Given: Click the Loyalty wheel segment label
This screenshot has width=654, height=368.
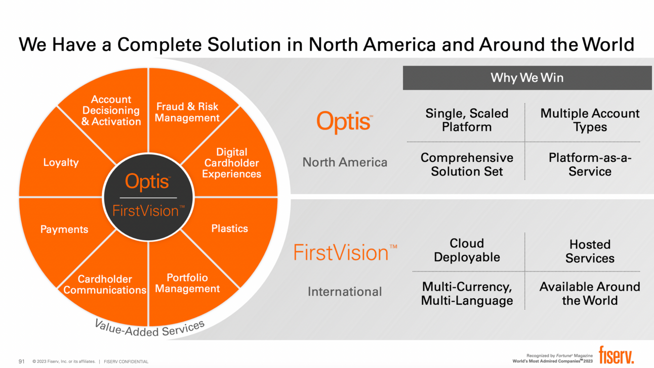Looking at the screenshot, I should pos(61,163).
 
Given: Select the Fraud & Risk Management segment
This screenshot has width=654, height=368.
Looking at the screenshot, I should pos(187,112).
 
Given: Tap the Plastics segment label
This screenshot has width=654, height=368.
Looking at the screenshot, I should pos(229,228).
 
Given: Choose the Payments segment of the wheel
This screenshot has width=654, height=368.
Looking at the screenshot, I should pos(64,229).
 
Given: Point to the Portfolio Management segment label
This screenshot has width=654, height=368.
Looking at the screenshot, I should pos(187,283).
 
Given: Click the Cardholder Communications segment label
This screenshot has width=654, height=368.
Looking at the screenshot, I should pos(105,285).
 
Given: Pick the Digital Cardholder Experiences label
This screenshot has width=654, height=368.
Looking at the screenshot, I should pos(231,163).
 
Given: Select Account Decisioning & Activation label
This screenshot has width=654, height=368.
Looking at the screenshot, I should pos(111,111).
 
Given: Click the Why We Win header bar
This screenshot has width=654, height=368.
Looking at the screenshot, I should pos(527,78).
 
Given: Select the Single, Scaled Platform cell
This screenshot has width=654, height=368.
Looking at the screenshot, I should pos(467,120).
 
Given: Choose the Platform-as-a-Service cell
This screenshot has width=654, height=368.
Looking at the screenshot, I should pos(590,164).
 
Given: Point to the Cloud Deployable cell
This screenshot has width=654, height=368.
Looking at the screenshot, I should pos(467,250).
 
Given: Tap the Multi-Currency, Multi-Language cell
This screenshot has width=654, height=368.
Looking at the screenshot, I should pos(467,294).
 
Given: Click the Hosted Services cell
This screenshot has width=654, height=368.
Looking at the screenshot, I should pos(590,251).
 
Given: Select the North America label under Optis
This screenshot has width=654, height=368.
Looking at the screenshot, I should pos(345,162).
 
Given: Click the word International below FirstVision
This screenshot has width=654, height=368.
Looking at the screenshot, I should pos(345,292).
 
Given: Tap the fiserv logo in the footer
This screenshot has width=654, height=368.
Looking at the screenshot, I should pos(616,355).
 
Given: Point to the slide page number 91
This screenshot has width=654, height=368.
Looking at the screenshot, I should pos(22,361).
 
